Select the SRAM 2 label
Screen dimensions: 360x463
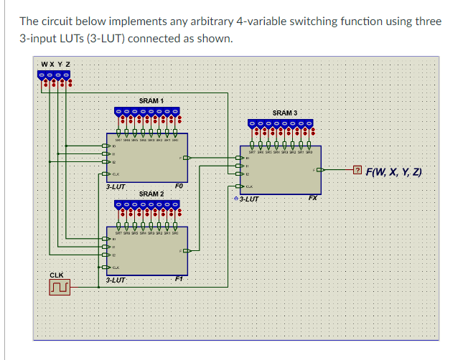151,194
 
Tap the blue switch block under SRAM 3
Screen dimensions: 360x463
281,124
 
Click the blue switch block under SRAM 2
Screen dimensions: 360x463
147,205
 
